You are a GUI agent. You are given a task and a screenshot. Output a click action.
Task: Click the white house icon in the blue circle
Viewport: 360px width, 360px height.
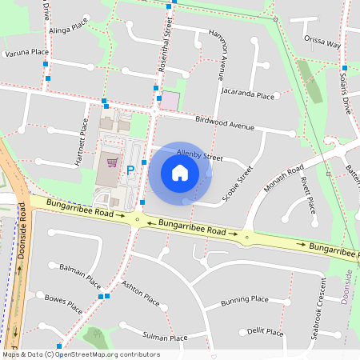(x=180, y=172)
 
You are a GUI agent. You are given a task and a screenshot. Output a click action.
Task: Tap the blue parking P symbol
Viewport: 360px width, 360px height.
(x=130, y=170)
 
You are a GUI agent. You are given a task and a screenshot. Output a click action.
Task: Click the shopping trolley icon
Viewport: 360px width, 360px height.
(x=111, y=163)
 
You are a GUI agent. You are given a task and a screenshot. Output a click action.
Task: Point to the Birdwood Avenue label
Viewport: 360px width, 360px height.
(x=225, y=123)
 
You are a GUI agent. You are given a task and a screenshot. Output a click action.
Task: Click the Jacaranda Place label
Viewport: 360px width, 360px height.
(x=249, y=95)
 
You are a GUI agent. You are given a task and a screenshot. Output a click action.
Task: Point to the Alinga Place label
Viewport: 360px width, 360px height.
(x=69, y=28)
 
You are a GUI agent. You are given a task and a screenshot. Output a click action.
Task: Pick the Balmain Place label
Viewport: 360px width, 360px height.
(x=81, y=275)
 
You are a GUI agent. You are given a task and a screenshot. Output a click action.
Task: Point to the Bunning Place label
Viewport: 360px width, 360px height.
(x=244, y=300)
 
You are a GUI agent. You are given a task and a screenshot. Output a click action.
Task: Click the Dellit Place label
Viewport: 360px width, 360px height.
(x=266, y=331)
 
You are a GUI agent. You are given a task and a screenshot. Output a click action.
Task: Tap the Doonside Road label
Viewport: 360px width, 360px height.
(x=22, y=236)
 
